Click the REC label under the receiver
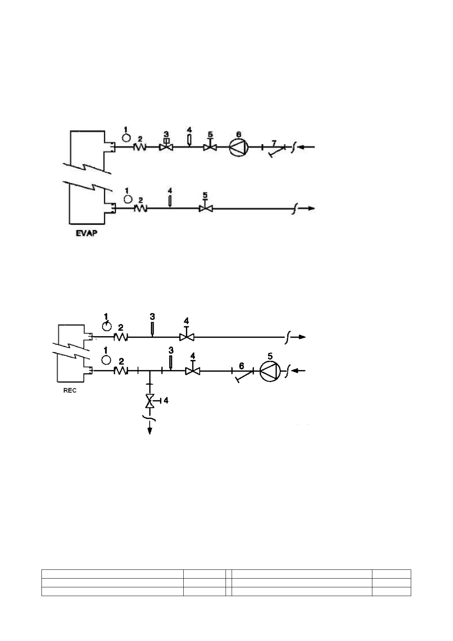pyautogui.click(x=70, y=391)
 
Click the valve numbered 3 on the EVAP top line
pyautogui.click(x=166, y=147)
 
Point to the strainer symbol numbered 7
pyautogui.click(x=277, y=151)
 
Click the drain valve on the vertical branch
pyautogui.click(x=150, y=400)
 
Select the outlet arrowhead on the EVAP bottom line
pyautogui.click(x=311, y=209)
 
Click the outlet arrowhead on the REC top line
pyautogui.click(x=301, y=337)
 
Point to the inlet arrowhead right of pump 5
pyautogui.click(x=299, y=370)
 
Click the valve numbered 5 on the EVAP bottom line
pyautogui.click(x=205, y=208)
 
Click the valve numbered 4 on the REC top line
pyautogui.click(x=186, y=337)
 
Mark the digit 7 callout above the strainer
pyautogui.click(x=274, y=142)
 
